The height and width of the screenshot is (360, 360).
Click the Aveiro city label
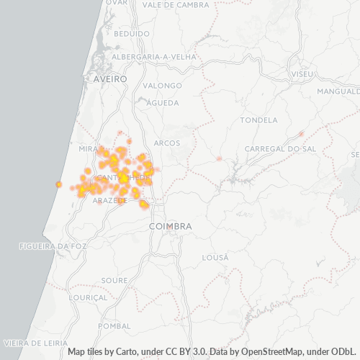110,78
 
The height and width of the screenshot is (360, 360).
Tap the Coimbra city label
171,226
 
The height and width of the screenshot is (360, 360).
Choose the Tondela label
258,120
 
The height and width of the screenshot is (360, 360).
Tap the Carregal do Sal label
280,148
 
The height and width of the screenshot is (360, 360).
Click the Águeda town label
162,103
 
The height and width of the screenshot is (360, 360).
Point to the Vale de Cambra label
176,4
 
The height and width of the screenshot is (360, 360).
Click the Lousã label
215,257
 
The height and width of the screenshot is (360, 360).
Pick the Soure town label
114,279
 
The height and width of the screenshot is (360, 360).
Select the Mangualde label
338,91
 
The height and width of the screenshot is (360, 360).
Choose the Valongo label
162,85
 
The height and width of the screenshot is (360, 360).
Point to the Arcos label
167,143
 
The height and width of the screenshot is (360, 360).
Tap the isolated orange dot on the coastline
58,184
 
